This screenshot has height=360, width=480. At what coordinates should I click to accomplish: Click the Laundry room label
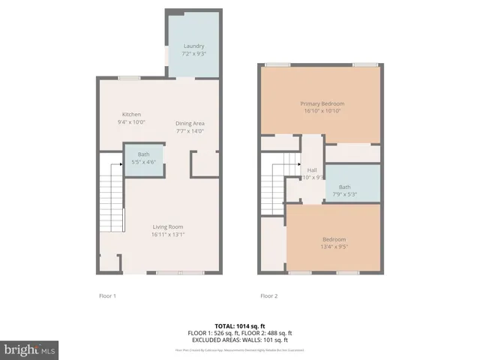(194, 46)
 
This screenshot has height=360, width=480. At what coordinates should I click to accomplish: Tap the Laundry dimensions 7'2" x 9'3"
(194, 54)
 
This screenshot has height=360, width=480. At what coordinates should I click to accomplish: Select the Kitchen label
(131, 114)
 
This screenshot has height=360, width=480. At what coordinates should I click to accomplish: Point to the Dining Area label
(190, 123)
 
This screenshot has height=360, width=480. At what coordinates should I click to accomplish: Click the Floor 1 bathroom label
(143, 154)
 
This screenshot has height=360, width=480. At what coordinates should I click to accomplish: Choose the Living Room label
(168, 226)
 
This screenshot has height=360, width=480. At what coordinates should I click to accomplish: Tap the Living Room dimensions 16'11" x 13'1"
(168, 234)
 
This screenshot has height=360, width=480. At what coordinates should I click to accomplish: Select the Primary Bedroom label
(321, 103)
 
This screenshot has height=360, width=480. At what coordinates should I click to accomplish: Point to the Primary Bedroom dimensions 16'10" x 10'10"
(321, 111)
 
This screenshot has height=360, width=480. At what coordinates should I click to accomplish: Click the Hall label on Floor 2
(311, 170)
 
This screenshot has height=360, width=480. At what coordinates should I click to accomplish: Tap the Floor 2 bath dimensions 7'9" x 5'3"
(344, 194)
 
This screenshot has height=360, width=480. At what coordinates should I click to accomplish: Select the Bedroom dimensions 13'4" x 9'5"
(334, 246)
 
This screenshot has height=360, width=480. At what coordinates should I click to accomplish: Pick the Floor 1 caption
(107, 295)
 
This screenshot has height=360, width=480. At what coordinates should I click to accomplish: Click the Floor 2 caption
(268, 295)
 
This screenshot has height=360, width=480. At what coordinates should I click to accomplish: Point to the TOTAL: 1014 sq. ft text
(239, 326)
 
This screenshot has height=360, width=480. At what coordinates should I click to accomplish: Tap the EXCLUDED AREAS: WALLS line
(239, 339)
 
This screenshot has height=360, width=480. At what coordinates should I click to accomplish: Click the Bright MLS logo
(30, 349)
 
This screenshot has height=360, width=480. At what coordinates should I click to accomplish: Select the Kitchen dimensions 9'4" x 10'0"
(131, 121)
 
